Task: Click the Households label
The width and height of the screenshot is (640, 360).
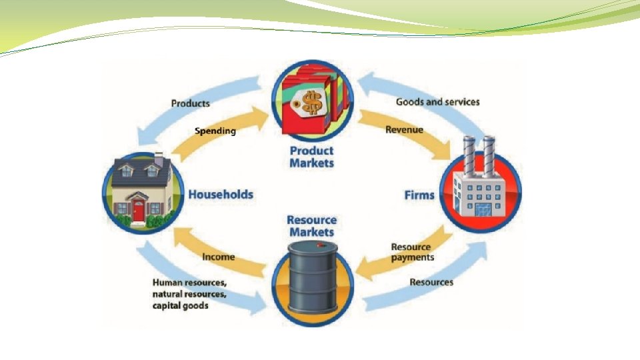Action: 221,195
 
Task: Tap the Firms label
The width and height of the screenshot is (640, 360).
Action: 419,195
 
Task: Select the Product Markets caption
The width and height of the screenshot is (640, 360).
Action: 311,157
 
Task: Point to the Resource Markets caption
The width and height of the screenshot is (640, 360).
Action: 311,226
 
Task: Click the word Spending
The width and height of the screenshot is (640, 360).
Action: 215,131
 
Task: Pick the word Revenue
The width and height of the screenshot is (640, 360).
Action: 404,129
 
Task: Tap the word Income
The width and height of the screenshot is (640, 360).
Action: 219,257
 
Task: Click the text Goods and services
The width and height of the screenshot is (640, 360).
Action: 437,102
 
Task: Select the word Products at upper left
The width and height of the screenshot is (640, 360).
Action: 190,103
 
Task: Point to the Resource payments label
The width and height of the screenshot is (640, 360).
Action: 412,252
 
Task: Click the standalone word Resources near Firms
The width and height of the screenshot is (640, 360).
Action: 431,282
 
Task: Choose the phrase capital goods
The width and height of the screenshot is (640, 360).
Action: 180,305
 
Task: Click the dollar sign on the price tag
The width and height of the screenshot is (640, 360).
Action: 311,103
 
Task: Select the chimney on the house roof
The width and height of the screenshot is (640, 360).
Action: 159,159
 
